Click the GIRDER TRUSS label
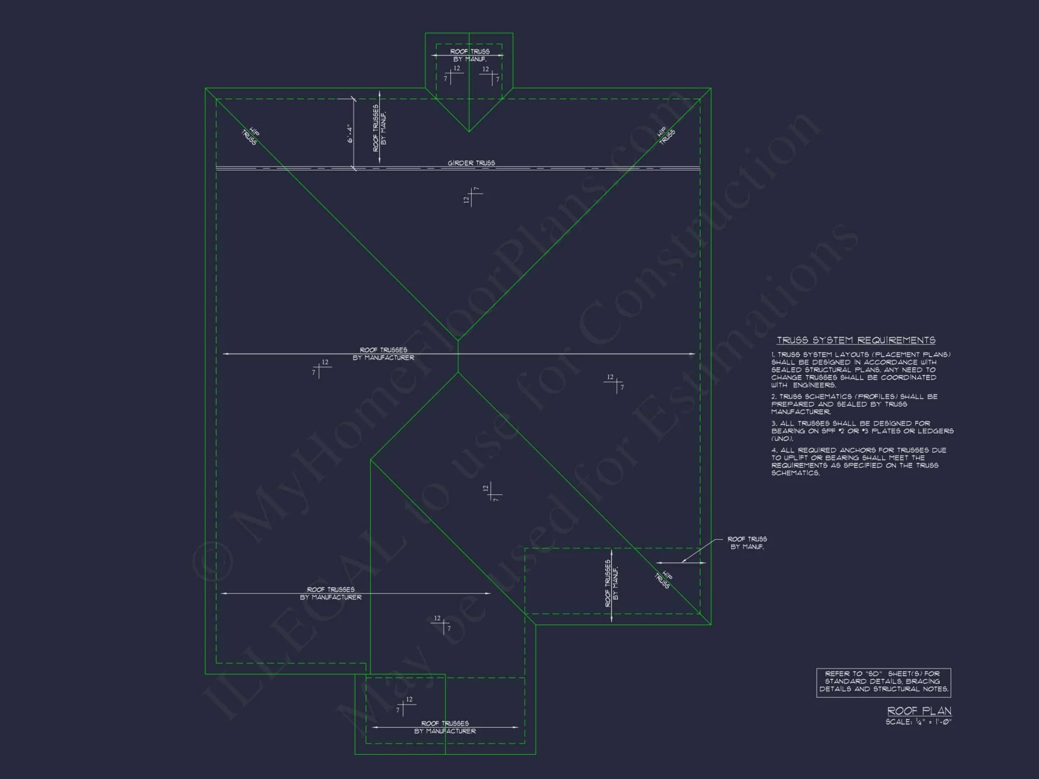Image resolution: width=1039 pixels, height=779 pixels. pyautogui.click(x=471, y=163)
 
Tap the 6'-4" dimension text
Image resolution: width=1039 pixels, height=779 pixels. pyautogui.click(x=350, y=135)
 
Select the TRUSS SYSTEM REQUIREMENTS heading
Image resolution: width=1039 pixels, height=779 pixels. pyautogui.click(x=856, y=340)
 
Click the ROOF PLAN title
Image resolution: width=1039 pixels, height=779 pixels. pyautogui.click(x=919, y=710)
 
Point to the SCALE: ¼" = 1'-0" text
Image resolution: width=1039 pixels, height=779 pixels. pyautogui.click(x=918, y=722)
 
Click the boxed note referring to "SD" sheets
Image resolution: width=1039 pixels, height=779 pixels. pyautogui.click(x=884, y=682)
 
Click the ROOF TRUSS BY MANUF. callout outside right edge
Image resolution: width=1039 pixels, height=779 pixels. pyautogui.click(x=747, y=543)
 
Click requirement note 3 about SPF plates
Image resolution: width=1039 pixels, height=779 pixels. pyautogui.click(x=862, y=431)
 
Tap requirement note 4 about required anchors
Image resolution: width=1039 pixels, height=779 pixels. pyautogui.click(x=858, y=461)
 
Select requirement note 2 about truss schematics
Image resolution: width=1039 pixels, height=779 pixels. pyautogui.click(x=854, y=404)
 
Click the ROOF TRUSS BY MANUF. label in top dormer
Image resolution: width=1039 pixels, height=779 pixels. pyautogui.click(x=470, y=55)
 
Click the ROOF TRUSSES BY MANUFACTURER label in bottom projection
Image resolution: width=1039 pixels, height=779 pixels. pyautogui.click(x=445, y=727)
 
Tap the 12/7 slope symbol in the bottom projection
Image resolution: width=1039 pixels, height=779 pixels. pyautogui.click(x=404, y=706)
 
